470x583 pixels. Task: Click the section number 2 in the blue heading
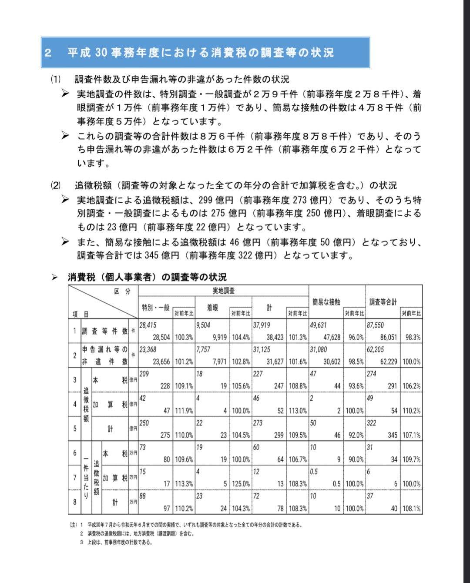click(48, 53)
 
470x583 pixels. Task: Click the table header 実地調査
click(223, 291)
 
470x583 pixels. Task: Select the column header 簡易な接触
click(326, 302)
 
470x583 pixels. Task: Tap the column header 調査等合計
click(383, 302)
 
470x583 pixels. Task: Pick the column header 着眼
click(212, 308)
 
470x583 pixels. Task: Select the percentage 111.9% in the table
click(184, 410)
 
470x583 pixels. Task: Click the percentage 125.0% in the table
click(241, 483)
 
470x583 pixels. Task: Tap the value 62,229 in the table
click(388, 362)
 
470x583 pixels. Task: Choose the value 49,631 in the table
click(318, 325)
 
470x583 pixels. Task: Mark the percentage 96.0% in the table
click(356, 337)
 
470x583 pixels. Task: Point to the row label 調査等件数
click(105, 331)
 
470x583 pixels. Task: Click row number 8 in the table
click(74, 502)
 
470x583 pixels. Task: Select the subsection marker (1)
click(55, 79)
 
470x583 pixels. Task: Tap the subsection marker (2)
click(55, 185)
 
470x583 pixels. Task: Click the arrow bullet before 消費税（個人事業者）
click(55, 277)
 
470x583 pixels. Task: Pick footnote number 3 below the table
click(81, 542)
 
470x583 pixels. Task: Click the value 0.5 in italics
click(314, 472)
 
